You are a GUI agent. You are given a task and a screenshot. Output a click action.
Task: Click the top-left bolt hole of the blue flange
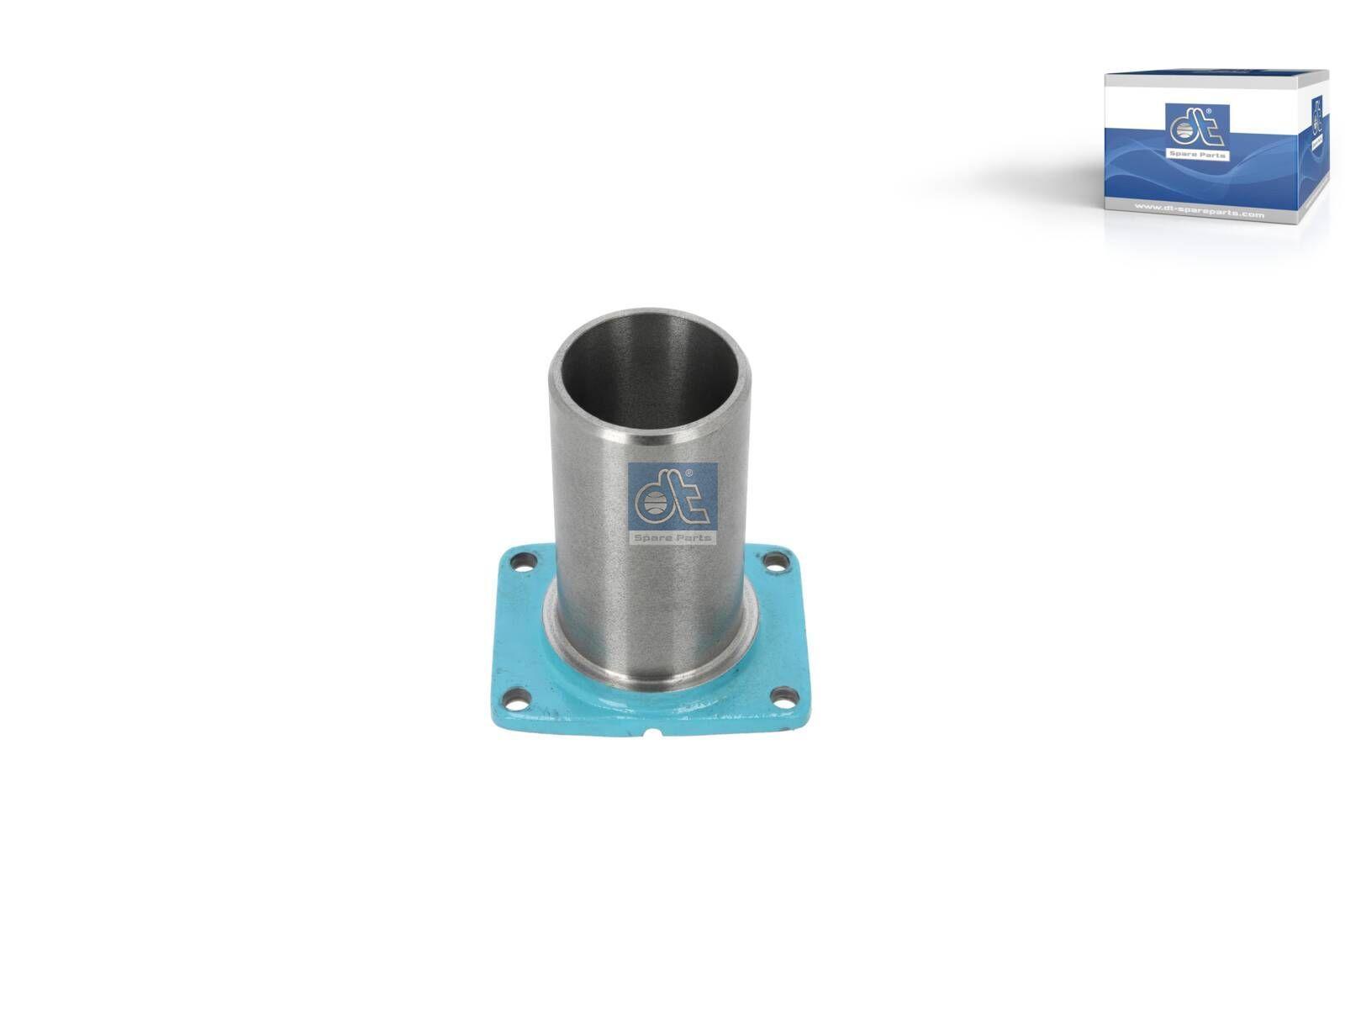(526, 559)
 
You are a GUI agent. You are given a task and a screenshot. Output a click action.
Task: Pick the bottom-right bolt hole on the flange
(783, 695)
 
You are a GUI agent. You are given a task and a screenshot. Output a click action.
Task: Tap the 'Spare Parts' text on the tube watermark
(672, 538)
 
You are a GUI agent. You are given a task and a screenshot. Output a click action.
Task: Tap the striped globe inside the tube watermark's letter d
(651, 504)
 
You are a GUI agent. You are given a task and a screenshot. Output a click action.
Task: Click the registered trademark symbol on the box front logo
(1207, 111)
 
